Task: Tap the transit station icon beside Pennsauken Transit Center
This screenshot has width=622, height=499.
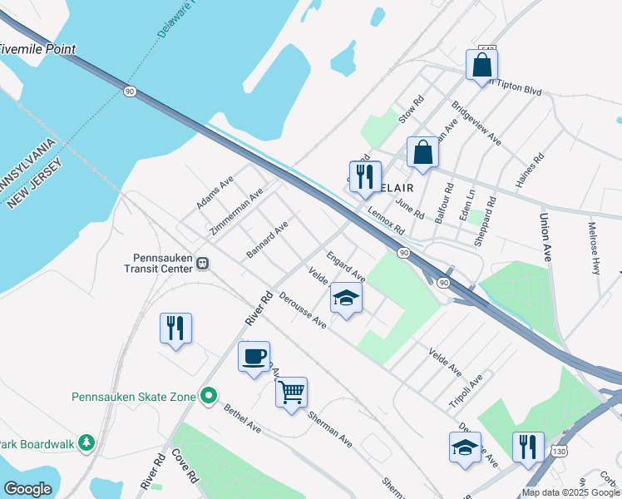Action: tap(203, 264)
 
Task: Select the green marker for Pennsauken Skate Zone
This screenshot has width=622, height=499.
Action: tap(210, 397)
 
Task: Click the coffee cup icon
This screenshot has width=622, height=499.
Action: tap(254, 356)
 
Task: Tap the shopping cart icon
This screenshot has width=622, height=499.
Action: tap(291, 392)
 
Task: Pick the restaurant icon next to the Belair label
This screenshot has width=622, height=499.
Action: tap(365, 175)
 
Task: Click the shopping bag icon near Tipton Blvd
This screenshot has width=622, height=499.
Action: tap(482, 64)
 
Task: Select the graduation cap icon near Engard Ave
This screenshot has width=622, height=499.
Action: tap(347, 299)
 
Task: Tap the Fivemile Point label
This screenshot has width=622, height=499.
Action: tap(37, 50)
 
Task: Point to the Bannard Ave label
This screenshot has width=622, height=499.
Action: tap(268, 239)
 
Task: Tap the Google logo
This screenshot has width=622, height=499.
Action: tap(28, 489)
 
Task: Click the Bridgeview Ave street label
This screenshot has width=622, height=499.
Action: tap(476, 124)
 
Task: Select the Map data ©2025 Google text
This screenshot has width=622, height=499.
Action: tap(570, 492)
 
